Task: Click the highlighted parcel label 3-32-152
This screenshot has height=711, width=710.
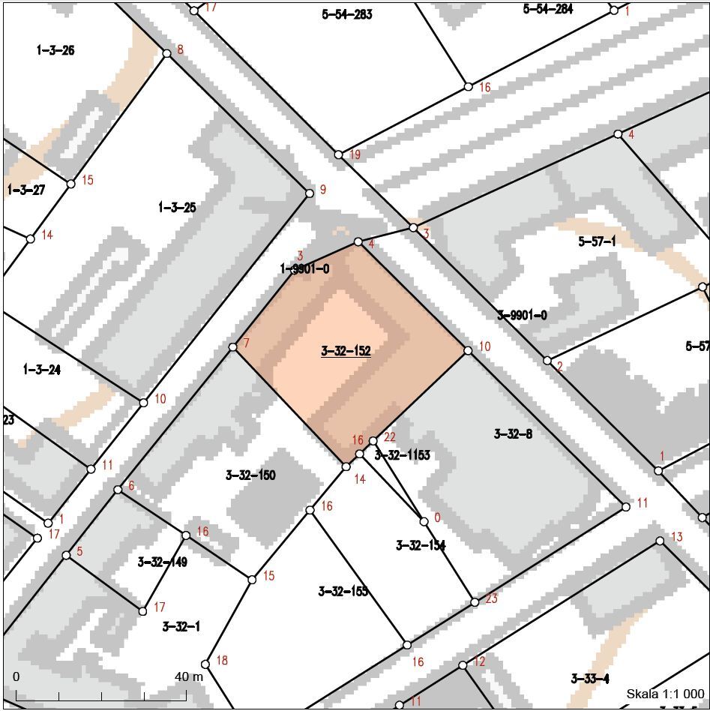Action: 346,351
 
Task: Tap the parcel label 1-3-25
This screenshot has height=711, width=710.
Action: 177,208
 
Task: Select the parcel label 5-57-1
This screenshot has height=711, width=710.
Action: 597,241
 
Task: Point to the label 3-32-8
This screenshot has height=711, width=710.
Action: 513,433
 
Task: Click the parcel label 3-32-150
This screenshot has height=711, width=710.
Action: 250,475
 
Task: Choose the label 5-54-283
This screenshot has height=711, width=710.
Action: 347,14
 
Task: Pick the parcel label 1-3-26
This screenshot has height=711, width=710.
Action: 55,50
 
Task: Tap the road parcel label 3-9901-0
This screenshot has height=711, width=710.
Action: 522,315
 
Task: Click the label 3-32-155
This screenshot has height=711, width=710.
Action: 343,591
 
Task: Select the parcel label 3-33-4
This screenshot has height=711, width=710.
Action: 589,679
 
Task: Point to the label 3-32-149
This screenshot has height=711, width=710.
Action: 163,562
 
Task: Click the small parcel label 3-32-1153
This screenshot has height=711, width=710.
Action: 402,454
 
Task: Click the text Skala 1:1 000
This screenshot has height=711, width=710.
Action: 665,694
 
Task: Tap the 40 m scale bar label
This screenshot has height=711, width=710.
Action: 189,676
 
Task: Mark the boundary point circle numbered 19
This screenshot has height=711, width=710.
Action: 338,154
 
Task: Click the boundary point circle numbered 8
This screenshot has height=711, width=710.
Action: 166,53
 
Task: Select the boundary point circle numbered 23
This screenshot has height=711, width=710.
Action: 475,602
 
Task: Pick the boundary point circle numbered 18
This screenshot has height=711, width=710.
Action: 205,664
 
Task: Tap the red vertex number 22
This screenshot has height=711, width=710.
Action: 389,436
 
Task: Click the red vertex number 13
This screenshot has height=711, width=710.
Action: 676,537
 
